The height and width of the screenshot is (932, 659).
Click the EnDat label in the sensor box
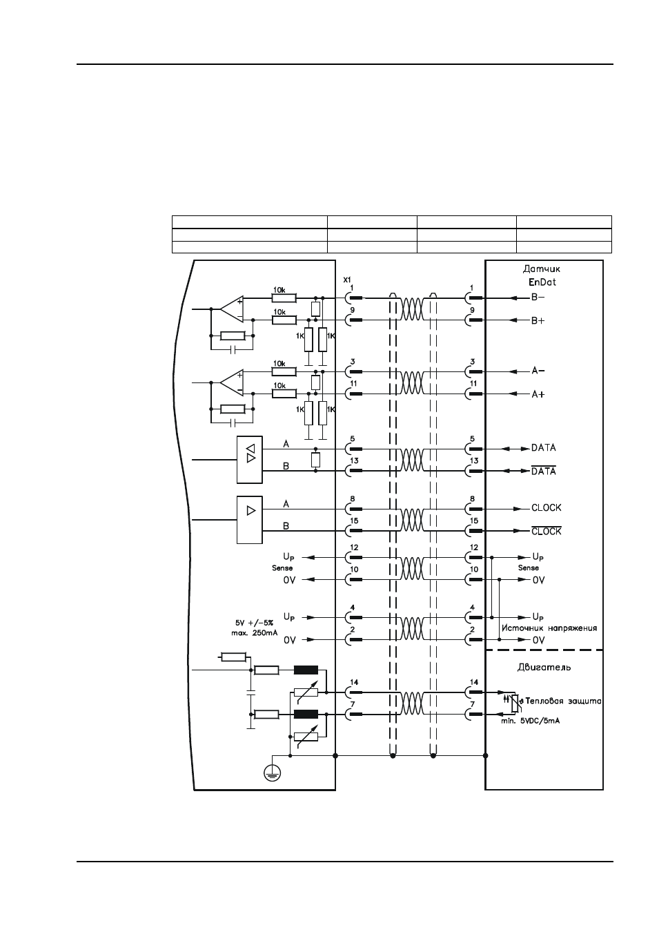pos(542,282)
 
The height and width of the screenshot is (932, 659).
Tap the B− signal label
pos(538,298)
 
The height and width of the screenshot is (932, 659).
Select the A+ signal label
pos(538,394)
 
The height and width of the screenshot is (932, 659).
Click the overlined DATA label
pos(543,471)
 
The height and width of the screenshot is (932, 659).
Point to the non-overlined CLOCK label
pos(546,507)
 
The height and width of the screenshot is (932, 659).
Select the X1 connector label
pos(347,280)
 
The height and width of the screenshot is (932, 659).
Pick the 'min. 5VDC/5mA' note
pos(530,721)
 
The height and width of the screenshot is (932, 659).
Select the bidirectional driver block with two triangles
pos(250,460)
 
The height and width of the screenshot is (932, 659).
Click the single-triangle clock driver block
pos(250,520)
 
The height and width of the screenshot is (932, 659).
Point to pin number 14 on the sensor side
pos(474,682)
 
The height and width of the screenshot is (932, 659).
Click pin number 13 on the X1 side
pos(354,460)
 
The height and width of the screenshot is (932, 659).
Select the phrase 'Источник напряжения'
pos(549,628)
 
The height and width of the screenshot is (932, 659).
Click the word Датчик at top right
pos(542,269)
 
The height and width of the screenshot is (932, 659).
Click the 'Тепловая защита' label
pos(563,701)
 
